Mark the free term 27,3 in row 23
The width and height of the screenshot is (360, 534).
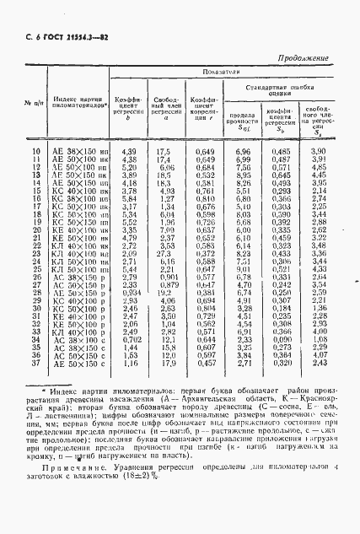tap(164, 253)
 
